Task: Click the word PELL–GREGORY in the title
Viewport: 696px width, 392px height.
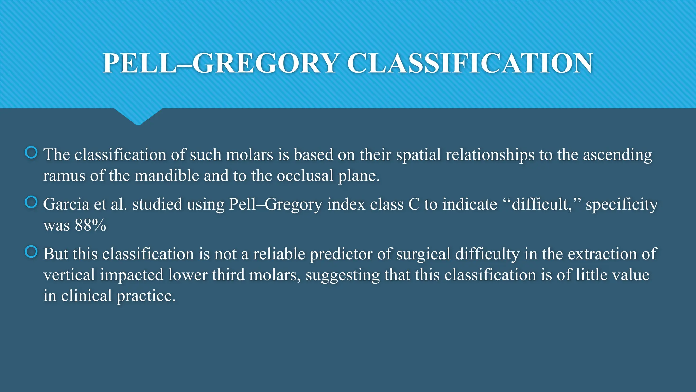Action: point(220,63)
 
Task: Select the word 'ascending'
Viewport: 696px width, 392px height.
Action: point(617,155)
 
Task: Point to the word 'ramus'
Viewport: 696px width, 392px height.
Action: point(64,176)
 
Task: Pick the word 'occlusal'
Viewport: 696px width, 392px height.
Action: point(305,176)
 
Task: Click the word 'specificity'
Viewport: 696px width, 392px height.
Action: point(622,205)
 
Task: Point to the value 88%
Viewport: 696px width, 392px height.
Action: point(90,225)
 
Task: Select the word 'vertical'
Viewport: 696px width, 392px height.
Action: point(69,275)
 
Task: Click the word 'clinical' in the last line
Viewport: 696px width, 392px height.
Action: point(86,296)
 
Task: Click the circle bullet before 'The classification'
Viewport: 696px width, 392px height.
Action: point(31,152)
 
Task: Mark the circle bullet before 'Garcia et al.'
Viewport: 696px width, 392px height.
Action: point(31,202)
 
